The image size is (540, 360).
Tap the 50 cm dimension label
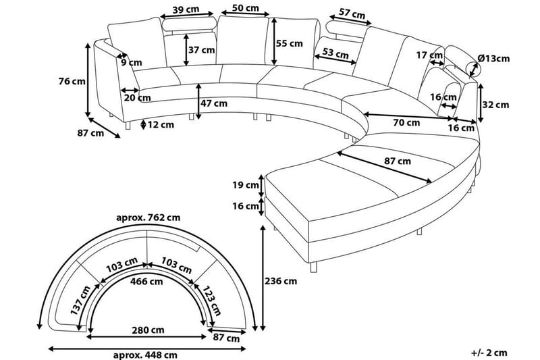click(x=245, y=8)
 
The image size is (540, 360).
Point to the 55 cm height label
click(x=290, y=43)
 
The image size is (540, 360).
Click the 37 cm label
click(x=202, y=50)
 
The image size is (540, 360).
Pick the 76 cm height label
click(x=73, y=82)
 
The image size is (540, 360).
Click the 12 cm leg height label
click(x=161, y=124)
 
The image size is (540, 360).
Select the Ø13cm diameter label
click(x=493, y=59)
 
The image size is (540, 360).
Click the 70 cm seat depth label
click(x=406, y=123)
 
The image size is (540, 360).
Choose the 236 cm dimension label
click(x=281, y=280)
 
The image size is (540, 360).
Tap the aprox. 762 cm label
click(x=148, y=217)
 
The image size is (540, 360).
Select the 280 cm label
click(x=147, y=331)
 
